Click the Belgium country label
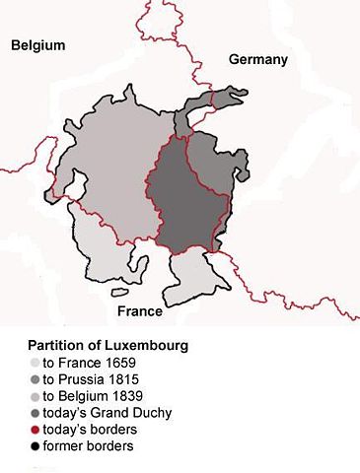38,45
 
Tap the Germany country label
258,60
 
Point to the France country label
140,311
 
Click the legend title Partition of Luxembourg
108,347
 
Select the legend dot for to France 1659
35,363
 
